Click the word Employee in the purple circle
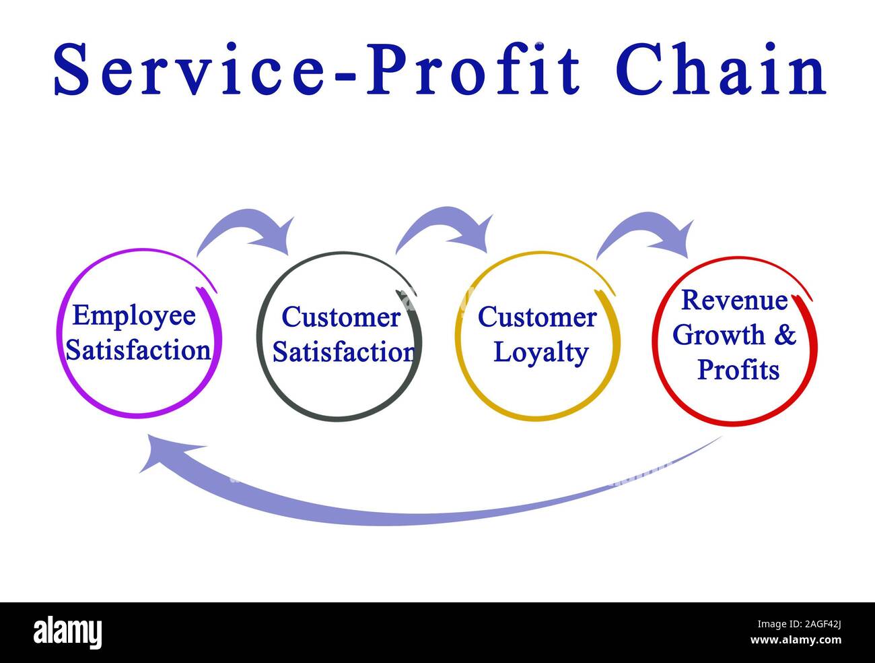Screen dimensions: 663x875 [x=134, y=315]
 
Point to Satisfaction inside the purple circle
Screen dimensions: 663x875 [x=139, y=350]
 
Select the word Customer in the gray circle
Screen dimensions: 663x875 [x=341, y=317]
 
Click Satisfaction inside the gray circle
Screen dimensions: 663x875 [x=343, y=352]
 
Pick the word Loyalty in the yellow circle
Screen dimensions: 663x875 [x=541, y=352]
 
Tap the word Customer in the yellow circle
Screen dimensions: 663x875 [x=537, y=317]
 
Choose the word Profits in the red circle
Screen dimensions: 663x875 [x=738, y=370]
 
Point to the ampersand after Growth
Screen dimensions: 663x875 [x=785, y=335]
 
